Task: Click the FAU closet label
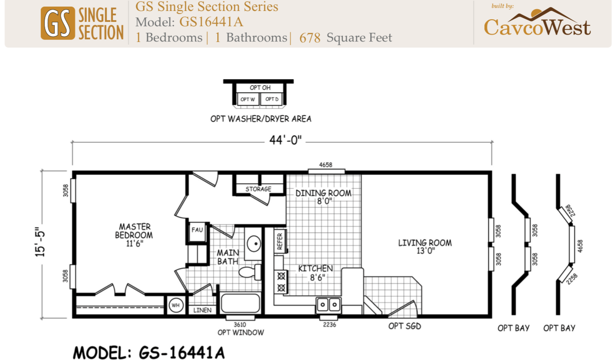[x=197, y=230]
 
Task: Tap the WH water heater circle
[x=176, y=305]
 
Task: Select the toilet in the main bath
[x=250, y=272]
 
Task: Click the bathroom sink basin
[x=254, y=243]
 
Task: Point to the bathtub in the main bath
[x=240, y=303]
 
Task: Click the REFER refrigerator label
[x=280, y=242]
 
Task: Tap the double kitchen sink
[x=329, y=304]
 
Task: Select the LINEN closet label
[x=202, y=310]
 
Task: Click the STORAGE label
[x=258, y=189]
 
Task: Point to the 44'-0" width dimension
[x=285, y=140]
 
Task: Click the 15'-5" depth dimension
[x=40, y=242]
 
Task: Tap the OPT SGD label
[x=405, y=326]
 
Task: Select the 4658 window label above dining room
[x=326, y=165]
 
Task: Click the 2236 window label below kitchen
[x=330, y=325]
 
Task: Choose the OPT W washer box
[x=248, y=99]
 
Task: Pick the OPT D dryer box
[x=271, y=99]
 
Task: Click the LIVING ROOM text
[x=425, y=243]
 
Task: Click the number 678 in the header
[x=310, y=38]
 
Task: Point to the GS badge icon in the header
[x=58, y=23]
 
